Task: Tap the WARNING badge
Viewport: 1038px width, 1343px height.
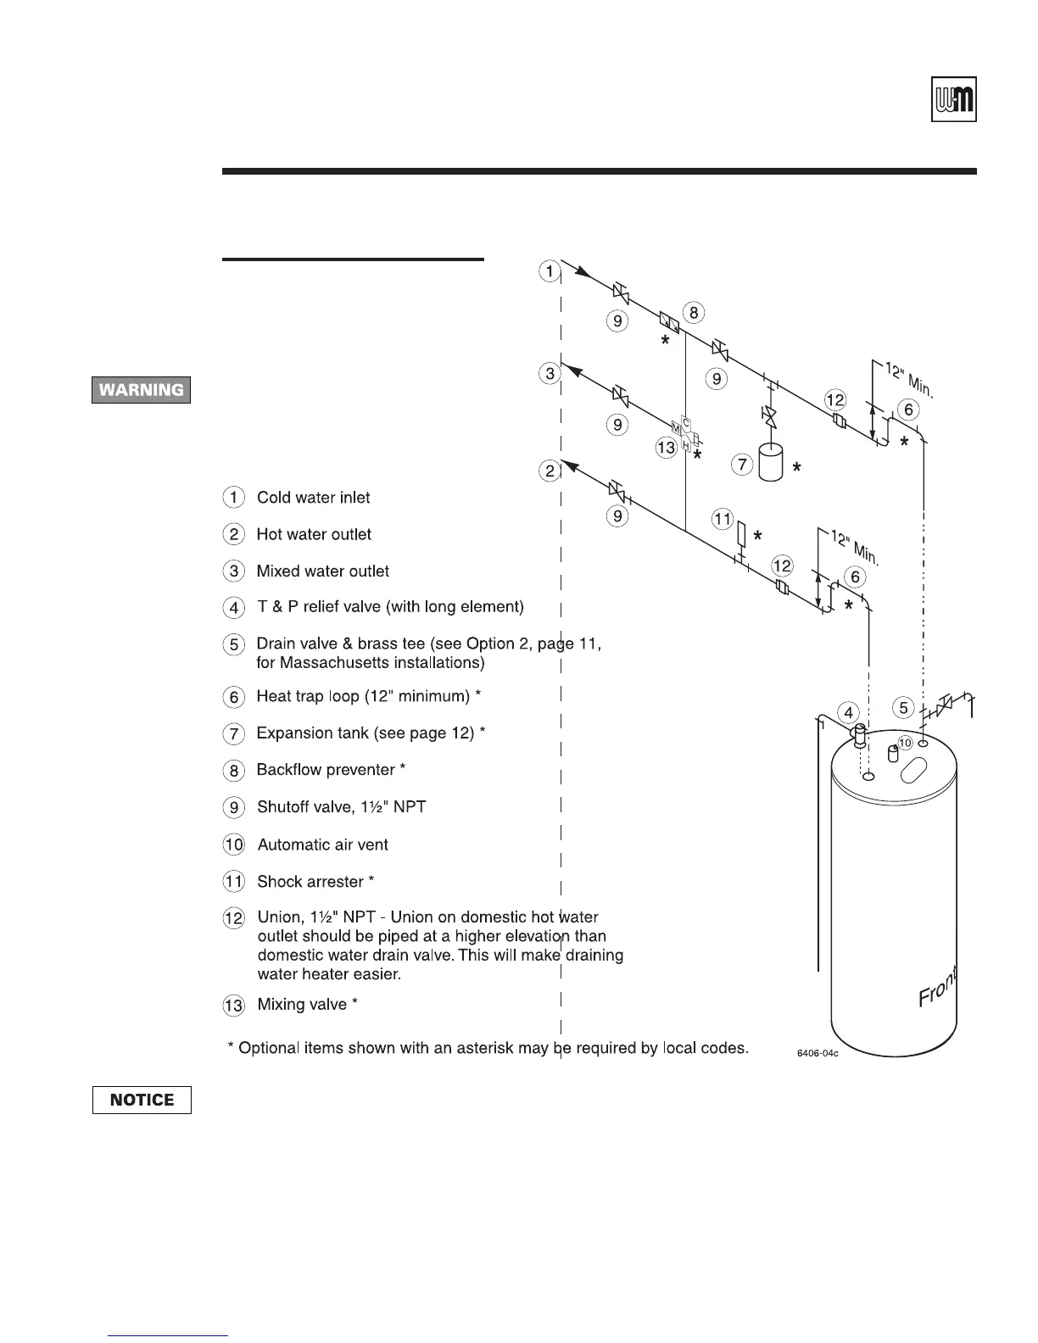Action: click(142, 390)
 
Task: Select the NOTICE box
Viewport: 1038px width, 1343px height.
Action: click(142, 1100)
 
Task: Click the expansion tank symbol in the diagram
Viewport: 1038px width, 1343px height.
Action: click(771, 463)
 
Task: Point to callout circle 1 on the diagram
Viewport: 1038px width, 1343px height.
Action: click(550, 271)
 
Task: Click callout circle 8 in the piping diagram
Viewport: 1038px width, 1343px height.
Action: click(693, 313)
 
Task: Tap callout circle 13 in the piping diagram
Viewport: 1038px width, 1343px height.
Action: click(667, 447)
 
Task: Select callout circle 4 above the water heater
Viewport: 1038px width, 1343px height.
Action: click(848, 712)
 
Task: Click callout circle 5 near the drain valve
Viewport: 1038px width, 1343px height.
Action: click(904, 707)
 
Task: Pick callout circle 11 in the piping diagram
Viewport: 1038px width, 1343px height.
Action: click(722, 519)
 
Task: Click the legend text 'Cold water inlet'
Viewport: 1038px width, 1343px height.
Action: click(313, 498)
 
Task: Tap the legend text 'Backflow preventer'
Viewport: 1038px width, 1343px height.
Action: click(326, 770)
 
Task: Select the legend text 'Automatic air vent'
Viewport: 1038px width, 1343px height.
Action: click(322, 844)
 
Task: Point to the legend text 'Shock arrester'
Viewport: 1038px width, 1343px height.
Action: click(310, 882)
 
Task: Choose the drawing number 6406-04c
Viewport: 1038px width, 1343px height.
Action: click(816, 1053)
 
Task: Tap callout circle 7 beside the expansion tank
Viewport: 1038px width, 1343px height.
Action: click(742, 465)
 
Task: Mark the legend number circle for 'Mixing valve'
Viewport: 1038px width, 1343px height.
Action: click(234, 1006)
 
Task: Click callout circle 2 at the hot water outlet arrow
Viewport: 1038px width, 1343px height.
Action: click(550, 471)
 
